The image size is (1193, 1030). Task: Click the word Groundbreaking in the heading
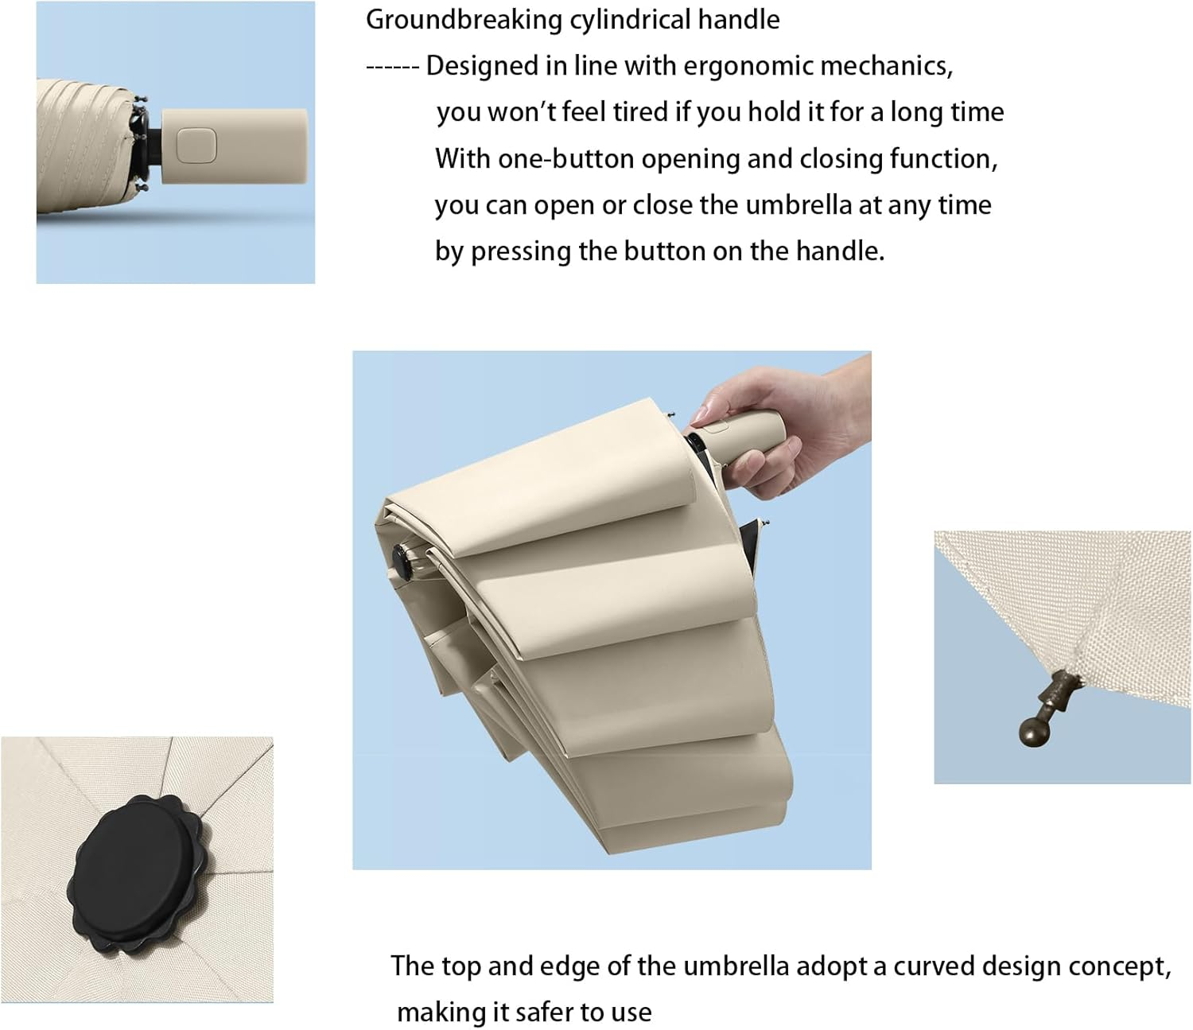click(x=464, y=21)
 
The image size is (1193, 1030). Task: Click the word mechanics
click(x=886, y=67)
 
